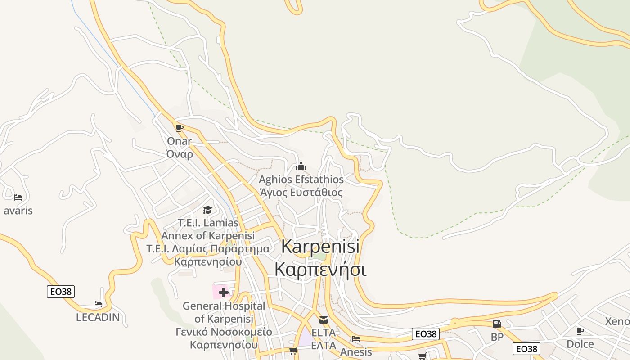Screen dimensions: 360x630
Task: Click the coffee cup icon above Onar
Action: point(180,128)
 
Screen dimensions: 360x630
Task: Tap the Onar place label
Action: point(180,148)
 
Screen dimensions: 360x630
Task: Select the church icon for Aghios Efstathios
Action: point(301,166)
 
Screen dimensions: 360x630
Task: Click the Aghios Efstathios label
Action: point(301,186)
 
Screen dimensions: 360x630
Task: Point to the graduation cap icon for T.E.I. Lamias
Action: point(207,210)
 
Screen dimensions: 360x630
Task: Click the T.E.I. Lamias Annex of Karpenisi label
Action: point(208,242)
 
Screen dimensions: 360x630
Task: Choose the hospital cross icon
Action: point(224,292)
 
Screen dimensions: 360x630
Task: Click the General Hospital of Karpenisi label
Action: point(224,325)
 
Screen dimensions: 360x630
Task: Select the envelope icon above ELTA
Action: point(324,320)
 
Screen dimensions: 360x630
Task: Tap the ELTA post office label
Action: point(324,339)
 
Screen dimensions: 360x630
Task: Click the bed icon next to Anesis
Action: point(356,338)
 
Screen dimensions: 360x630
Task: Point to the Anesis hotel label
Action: point(356,352)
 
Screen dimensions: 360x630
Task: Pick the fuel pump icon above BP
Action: point(497,324)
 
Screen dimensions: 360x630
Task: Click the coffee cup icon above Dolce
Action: point(580,331)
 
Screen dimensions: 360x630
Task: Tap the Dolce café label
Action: point(580,344)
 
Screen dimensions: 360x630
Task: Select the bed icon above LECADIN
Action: point(98,304)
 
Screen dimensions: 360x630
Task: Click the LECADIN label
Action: point(98,317)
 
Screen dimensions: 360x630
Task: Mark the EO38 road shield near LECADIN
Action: point(61,292)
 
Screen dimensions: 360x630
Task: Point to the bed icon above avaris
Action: point(18,197)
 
